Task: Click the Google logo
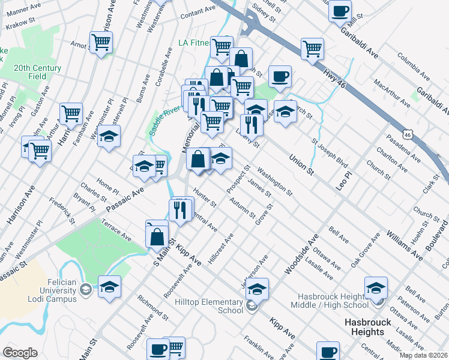point(20,353)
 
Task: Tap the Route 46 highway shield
point(408,135)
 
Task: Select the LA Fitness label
point(196,43)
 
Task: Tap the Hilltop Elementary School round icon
point(252,307)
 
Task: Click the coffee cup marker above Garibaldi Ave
point(340,11)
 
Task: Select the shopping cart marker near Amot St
point(101,43)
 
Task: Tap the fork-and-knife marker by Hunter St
point(181,209)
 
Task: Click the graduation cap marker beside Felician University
point(109,287)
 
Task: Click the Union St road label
point(301,164)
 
